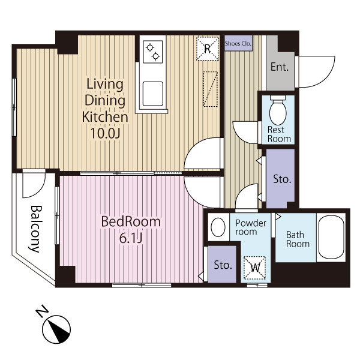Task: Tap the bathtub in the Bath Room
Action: [x=331, y=237]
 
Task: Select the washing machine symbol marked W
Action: [x=254, y=268]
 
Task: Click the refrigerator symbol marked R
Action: [x=208, y=49]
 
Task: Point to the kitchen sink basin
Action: [x=152, y=94]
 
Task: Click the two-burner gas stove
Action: [x=152, y=52]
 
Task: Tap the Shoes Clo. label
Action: [x=238, y=43]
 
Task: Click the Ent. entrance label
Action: [x=280, y=67]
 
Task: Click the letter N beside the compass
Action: [x=41, y=311]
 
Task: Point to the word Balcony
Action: [x=36, y=229]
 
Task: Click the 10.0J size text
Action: [x=106, y=133]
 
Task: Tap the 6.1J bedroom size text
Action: [x=131, y=238]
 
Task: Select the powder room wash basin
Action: [x=218, y=227]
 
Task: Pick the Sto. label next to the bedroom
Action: [x=223, y=265]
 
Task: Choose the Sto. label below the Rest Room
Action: [x=282, y=179]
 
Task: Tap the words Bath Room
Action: [x=298, y=239]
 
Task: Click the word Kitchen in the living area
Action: [x=105, y=117]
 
